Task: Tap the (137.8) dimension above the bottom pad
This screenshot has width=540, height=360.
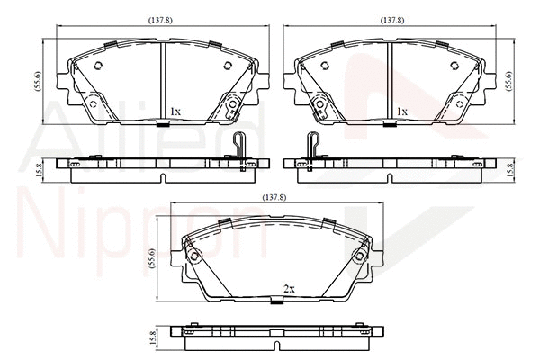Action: click(x=275, y=196)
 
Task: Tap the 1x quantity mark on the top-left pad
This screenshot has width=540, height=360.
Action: click(x=175, y=112)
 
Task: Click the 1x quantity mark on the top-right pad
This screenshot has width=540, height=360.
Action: click(x=402, y=112)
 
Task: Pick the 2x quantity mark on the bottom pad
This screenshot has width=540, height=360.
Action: click(x=289, y=289)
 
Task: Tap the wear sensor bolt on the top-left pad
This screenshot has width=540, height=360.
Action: click(x=232, y=109)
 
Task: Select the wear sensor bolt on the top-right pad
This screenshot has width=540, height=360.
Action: click(x=318, y=109)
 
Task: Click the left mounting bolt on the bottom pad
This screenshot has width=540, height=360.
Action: click(x=194, y=258)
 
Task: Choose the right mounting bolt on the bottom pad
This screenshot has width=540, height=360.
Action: click(x=358, y=258)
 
